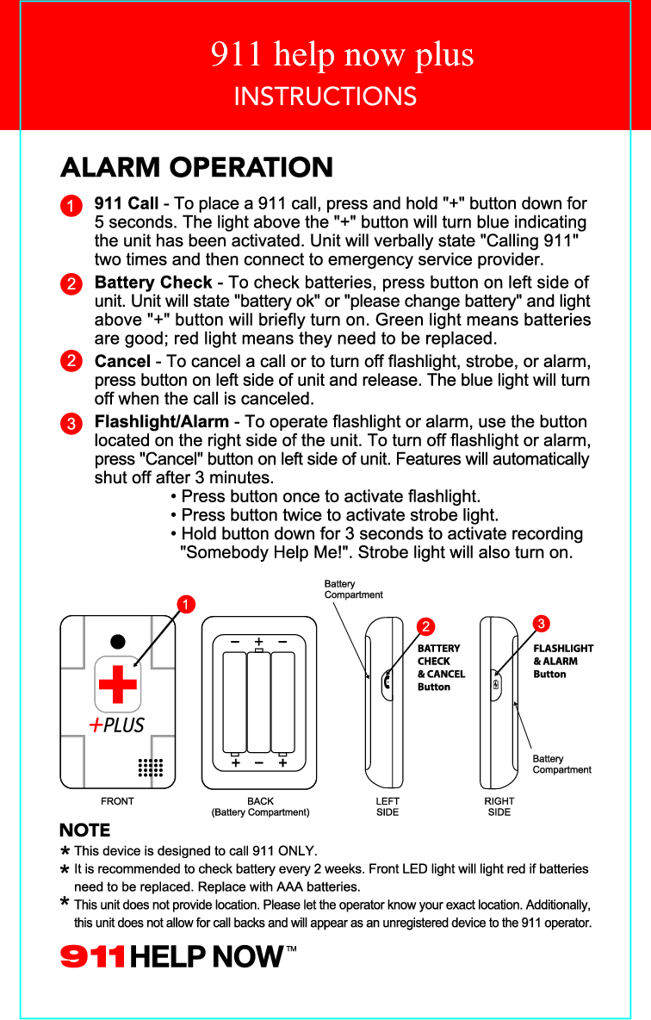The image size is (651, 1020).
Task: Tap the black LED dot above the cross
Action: (x=117, y=642)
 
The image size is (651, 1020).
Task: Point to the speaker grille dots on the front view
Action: (x=151, y=767)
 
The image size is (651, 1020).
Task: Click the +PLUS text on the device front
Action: (x=117, y=725)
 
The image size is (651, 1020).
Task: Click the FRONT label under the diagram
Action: (x=117, y=801)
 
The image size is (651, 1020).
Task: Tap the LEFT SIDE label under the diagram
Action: (x=387, y=806)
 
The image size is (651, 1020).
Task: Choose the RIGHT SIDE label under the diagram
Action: (x=499, y=806)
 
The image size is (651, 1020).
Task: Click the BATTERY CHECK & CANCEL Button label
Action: (x=440, y=668)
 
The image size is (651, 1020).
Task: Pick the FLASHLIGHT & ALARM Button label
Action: (x=563, y=661)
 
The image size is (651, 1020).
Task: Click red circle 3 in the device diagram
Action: (x=541, y=622)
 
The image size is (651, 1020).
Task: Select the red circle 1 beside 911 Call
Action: (x=71, y=206)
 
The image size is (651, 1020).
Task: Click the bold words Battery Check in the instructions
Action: (x=153, y=283)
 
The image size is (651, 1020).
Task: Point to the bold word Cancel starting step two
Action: (x=122, y=362)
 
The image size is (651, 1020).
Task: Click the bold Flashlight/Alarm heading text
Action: (x=161, y=422)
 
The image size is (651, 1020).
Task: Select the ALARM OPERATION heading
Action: (x=196, y=167)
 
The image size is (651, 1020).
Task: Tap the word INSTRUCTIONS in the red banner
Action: (x=325, y=96)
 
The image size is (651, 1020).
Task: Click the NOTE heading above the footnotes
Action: (x=84, y=830)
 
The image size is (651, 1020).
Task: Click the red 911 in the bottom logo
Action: (x=92, y=957)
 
